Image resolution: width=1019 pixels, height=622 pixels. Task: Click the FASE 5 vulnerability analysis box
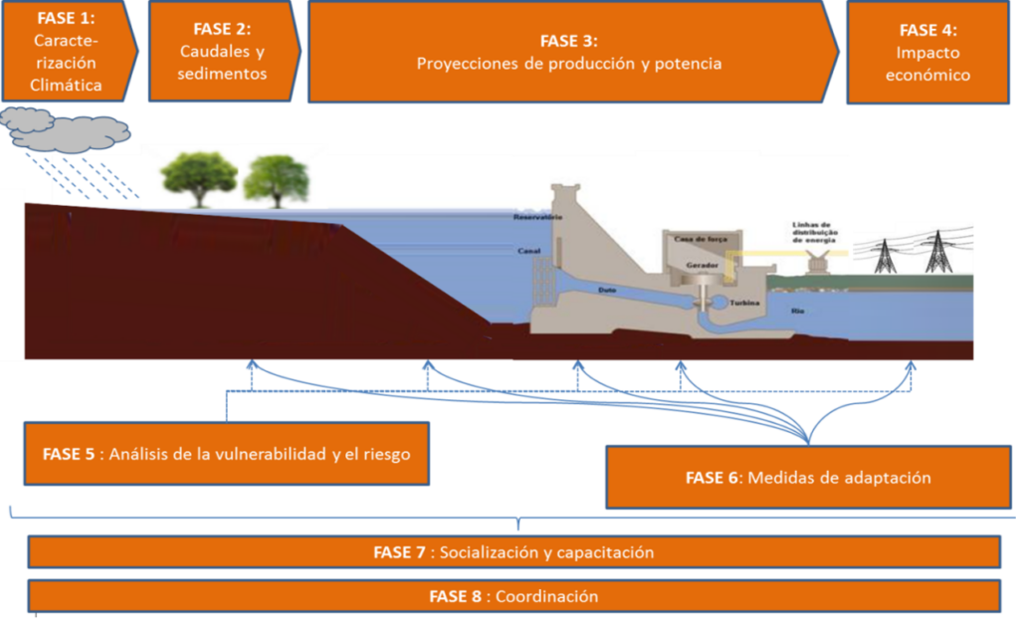pyautogui.click(x=228, y=454)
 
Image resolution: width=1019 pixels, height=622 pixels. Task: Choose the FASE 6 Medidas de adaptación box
pyautogui.click(x=807, y=478)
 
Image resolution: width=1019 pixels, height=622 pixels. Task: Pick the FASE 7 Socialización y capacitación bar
pyautogui.click(x=513, y=552)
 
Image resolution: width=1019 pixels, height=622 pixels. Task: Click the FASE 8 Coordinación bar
pyautogui.click(x=513, y=597)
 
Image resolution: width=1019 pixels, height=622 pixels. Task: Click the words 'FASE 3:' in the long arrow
pyautogui.click(x=568, y=41)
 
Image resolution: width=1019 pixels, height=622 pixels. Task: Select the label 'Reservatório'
pyautogui.click(x=537, y=217)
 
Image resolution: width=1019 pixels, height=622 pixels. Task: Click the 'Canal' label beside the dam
pyautogui.click(x=528, y=251)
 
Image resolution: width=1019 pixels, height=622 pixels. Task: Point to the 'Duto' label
pyautogui.click(x=607, y=290)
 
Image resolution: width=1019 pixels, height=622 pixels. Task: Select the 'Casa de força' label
pyautogui.click(x=697, y=239)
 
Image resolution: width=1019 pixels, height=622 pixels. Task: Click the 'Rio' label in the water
pyautogui.click(x=797, y=311)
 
